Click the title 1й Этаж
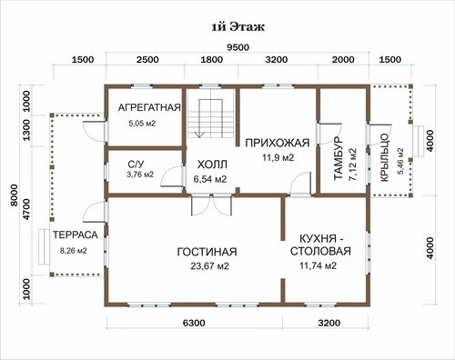coord(238,27)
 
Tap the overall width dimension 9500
coord(238,47)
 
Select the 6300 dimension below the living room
coord(194,323)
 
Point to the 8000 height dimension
coord(15,195)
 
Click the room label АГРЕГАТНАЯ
coord(149,107)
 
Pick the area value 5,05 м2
coord(142,124)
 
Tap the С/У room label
coord(136,165)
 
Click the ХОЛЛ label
coord(212,165)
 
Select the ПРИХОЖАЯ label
coord(278,143)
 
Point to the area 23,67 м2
coord(209,266)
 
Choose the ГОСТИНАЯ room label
coord(207,252)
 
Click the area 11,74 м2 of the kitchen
coord(318,265)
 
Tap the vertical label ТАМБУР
coord(338,158)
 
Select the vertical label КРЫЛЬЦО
coord(384,157)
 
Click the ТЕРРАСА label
coord(76,235)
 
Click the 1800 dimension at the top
coord(212,60)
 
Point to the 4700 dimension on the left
coord(26,209)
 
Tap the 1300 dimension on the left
coord(26,130)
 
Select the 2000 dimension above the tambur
coord(343,60)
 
